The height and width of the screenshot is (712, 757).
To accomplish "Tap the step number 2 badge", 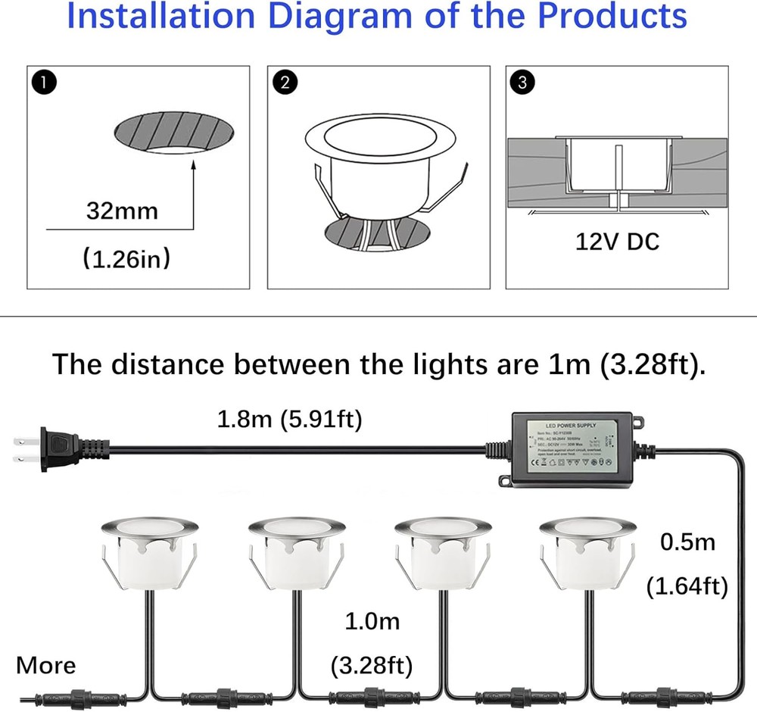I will pos(284,83).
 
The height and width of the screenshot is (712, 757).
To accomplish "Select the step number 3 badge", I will pos(522,83).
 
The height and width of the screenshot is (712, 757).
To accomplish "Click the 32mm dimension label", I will pos(123,210).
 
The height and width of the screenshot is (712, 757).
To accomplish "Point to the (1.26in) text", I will pos(126,260).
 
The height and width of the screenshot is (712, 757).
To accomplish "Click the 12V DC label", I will pos(617,242).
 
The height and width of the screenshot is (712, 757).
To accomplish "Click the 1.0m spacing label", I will pos(372,622).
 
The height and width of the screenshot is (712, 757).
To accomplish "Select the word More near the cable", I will pos(46,666).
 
